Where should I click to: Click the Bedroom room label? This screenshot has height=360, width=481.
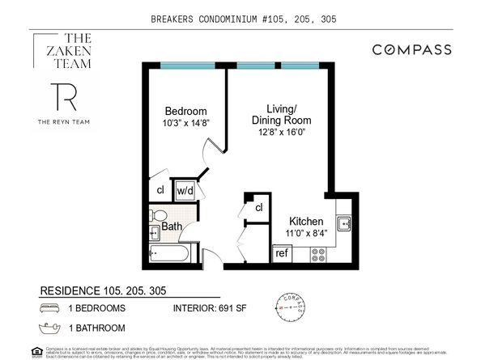click(186, 111)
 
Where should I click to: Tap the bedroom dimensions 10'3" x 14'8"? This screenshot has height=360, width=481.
click(186, 123)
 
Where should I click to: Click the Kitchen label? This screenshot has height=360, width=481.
click(307, 221)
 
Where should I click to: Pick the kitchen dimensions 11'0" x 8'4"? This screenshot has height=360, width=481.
click(307, 234)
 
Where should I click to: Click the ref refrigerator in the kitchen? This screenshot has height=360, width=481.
click(282, 253)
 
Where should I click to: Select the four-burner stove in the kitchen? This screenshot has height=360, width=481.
click(318, 253)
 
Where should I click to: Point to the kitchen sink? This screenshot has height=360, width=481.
click(343, 223)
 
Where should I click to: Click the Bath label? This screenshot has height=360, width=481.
click(172, 227)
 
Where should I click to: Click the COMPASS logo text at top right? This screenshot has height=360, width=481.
click(411, 49)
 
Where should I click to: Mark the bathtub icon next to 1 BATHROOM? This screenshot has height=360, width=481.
click(50, 328)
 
